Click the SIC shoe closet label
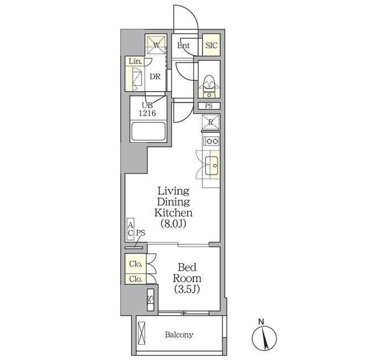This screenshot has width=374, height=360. (211, 45)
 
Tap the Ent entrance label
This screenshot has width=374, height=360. (183, 45)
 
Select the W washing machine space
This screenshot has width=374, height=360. (157, 45)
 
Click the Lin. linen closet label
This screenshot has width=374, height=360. (135, 61)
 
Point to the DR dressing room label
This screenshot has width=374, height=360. (155, 77)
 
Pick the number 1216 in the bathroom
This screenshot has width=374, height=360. (147, 113)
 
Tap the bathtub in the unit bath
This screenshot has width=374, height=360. (148, 132)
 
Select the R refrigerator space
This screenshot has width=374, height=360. (211, 122)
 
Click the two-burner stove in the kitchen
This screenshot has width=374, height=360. (211, 142)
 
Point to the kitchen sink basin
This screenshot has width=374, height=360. (211, 165)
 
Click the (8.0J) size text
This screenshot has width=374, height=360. (173, 223)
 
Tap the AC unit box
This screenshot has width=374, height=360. (131, 229)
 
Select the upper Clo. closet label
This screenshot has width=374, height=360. (136, 264)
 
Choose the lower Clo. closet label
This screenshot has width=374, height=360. (136, 279)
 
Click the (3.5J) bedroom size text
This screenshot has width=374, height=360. (187, 289)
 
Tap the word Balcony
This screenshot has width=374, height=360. (179, 335)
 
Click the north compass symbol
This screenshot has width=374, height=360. (264, 338)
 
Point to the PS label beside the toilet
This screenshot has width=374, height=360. (209, 106)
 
